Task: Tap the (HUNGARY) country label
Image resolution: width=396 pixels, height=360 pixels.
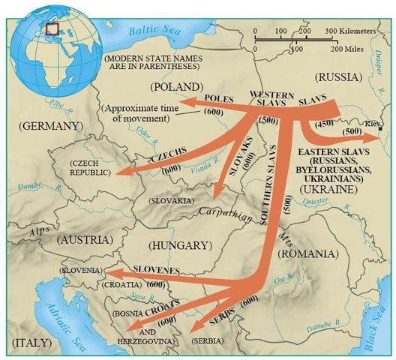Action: click(x=180, y=245)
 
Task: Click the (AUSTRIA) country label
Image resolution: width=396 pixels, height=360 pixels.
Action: click(x=82, y=239)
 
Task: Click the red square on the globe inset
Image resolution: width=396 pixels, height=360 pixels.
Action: click(x=52, y=28)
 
